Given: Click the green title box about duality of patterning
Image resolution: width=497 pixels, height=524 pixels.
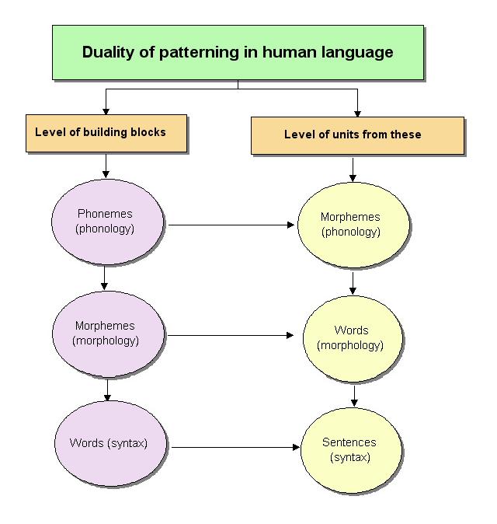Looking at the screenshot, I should pos(238,52).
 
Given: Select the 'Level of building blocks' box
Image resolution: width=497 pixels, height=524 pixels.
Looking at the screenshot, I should pos(106,132).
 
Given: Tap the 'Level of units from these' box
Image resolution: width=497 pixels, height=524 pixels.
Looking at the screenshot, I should pos(356,134).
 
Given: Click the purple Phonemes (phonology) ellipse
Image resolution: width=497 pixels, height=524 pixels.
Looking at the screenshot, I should pos(107,221).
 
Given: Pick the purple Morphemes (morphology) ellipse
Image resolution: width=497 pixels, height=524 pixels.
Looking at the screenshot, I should pos(107,333).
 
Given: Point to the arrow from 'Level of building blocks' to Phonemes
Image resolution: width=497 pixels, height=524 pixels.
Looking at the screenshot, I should pos(106,165).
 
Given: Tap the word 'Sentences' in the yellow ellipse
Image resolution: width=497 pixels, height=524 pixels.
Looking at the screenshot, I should pos(349,442).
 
